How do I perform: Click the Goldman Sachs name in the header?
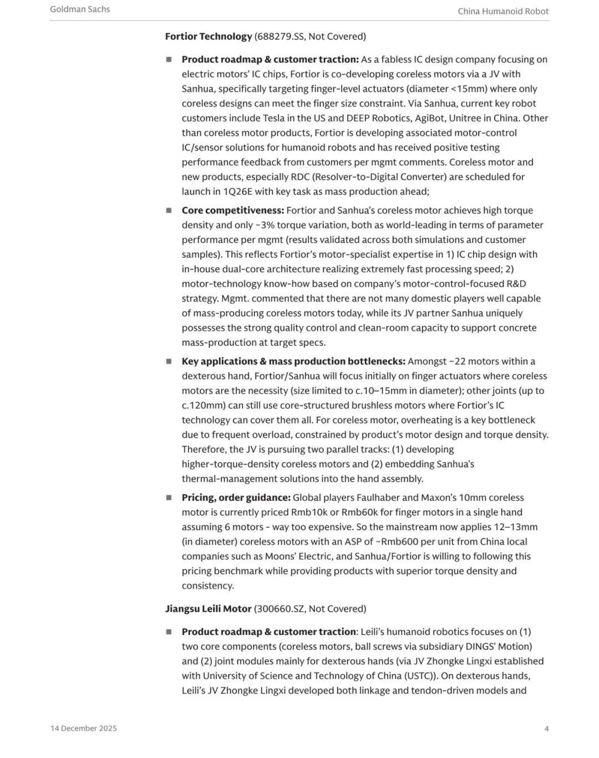tap(80, 9)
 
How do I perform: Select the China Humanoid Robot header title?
tap(503, 11)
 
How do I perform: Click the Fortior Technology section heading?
tap(209, 37)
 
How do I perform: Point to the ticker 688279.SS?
tap(280, 37)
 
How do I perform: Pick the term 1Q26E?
tap(237, 191)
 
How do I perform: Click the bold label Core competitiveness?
tap(232, 211)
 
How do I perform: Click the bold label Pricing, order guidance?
tap(236, 498)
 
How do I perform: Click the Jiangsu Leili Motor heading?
tap(208, 609)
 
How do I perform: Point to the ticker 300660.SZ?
tap(280, 609)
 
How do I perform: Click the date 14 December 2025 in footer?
tap(84, 729)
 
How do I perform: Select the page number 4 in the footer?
tap(546, 729)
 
